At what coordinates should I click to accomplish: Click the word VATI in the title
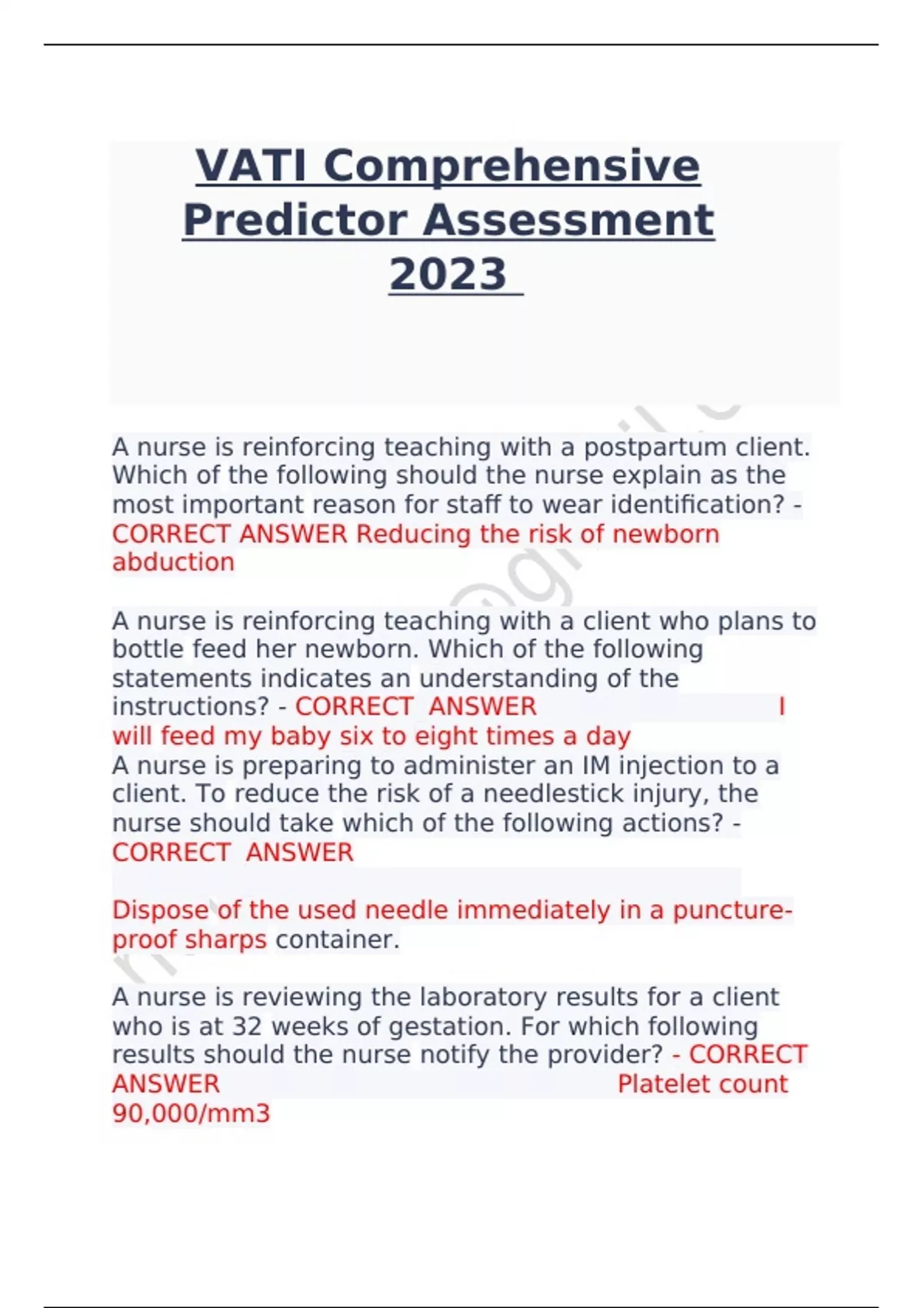[x=254, y=166]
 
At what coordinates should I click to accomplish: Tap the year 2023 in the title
[x=448, y=274]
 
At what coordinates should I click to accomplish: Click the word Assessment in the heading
[x=568, y=220]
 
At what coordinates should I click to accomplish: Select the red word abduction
[x=173, y=562]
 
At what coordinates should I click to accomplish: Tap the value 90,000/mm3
[x=192, y=1113]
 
